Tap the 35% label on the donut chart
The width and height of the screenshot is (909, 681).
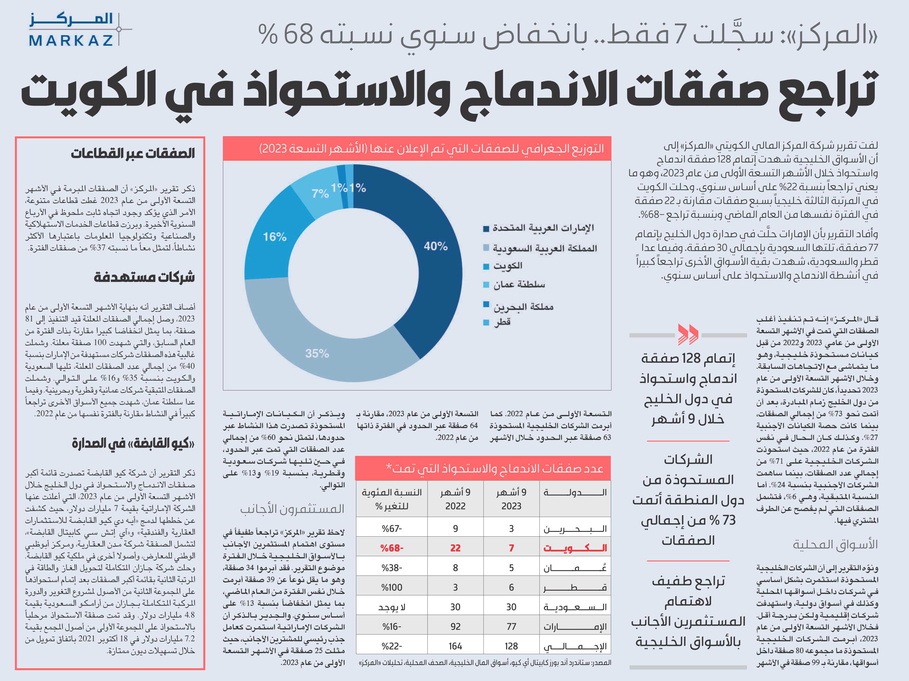coord(317,353)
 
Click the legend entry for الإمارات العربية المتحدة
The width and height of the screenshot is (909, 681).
coord(539,228)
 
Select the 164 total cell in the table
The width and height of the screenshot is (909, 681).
coord(455,646)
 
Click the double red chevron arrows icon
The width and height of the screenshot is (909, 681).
coord(688,334)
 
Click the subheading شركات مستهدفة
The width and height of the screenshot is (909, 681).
coord(144,277)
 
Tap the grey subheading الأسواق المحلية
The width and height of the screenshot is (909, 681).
coord(835,545)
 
